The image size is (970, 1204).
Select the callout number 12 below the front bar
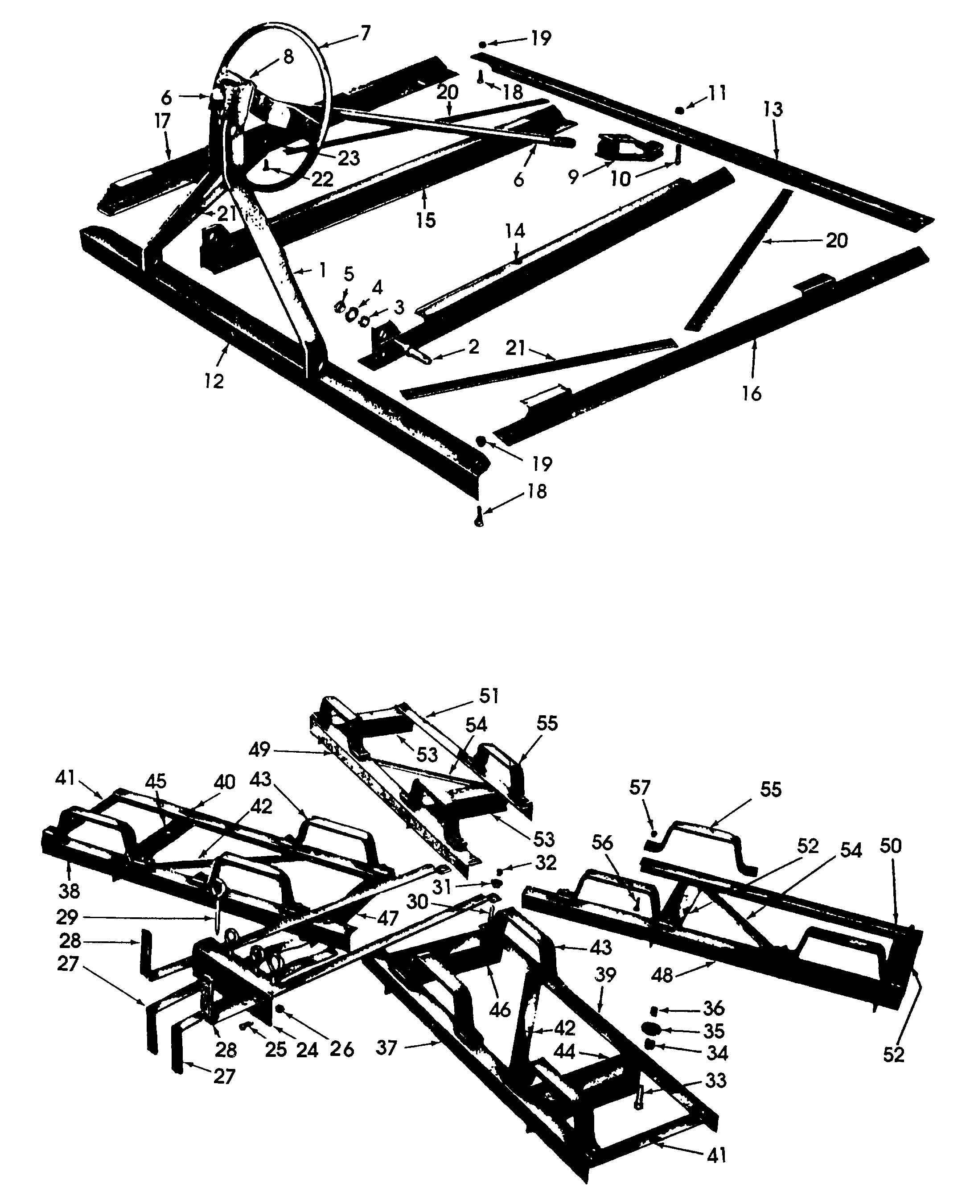[214, 381]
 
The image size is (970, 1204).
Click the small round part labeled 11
[679, 110]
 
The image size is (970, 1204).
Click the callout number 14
[515, 231]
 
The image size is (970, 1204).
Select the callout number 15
[425, 220]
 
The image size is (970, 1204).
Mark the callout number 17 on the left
[163, 121]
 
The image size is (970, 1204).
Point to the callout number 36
[714, 1008]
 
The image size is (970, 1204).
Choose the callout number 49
[260, 749]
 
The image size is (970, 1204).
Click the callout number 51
[489, 696]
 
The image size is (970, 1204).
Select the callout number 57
[640, 788]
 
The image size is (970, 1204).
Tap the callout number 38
[69, 891]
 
